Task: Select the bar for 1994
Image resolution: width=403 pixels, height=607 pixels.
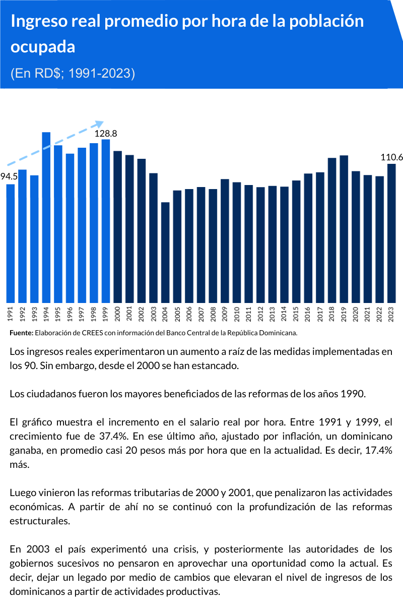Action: tap(46, 217)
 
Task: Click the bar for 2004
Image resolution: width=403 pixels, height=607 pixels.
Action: tap(165, 252)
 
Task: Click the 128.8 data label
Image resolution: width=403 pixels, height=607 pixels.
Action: tap(106, 134)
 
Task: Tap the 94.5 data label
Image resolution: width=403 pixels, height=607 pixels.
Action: tap(9, 176)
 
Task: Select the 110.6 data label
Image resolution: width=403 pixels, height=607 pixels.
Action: tap(392, 157)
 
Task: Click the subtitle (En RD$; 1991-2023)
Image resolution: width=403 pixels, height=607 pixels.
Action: tap(73, 73)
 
